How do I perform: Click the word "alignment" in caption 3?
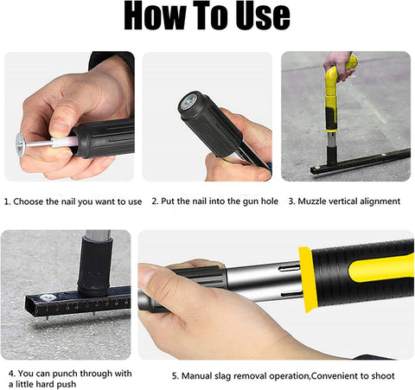point(377,201)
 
